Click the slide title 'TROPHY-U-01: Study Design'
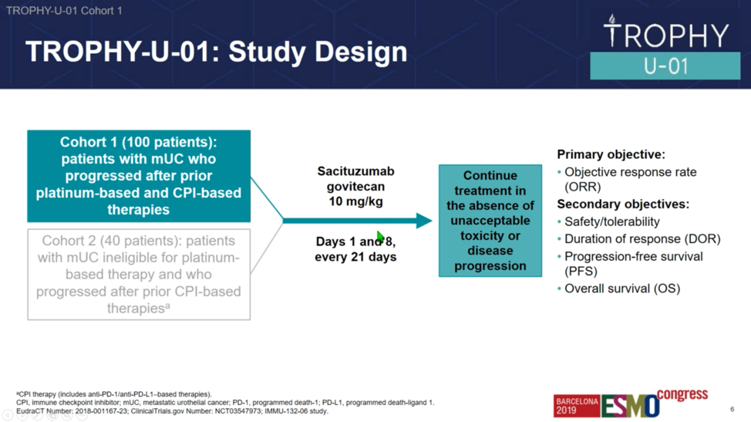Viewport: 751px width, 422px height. (216, 52)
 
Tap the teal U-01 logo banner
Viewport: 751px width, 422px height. (665, 66)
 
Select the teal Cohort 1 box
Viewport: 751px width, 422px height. (139, 176)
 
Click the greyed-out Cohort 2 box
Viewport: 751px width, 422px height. (139, 275)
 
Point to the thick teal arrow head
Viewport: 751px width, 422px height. (424, 221)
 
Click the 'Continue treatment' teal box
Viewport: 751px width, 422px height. (490, 221)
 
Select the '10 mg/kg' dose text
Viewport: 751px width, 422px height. (356, 201)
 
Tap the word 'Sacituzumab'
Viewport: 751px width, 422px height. (356, 171)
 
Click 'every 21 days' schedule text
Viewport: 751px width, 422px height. (355, 257)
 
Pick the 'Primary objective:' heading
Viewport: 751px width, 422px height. (611, 155)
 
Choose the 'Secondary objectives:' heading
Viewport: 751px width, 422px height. (623, 204)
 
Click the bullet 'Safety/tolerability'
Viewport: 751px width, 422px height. (612, 221)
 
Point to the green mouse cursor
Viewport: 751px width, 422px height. (380, 237)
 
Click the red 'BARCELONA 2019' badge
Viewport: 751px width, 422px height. (578, 406)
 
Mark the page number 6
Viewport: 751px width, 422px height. (732, 409)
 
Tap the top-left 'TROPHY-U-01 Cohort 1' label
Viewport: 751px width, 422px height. (64, 11)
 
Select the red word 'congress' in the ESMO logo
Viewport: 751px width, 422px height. (682, 394)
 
